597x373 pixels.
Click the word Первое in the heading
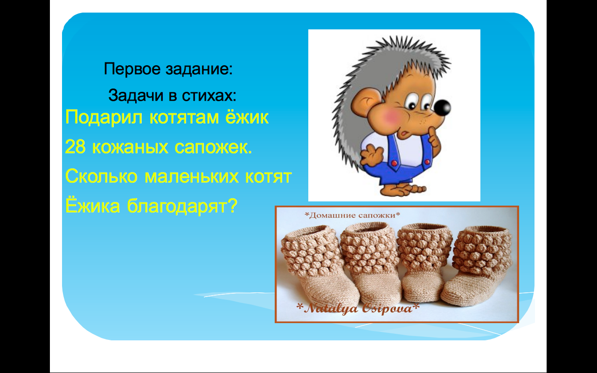click(132, 69)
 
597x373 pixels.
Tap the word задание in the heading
click(197, 69)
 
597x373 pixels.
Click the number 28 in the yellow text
click(75, 147)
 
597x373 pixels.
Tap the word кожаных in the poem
click(130, 147)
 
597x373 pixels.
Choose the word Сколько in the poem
click(101, 176)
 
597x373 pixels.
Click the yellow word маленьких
click(191, 177)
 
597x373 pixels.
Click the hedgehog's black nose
click(442, 108)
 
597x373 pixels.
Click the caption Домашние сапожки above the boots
click(352, 215)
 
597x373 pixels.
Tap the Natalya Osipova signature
click(358, 308)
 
